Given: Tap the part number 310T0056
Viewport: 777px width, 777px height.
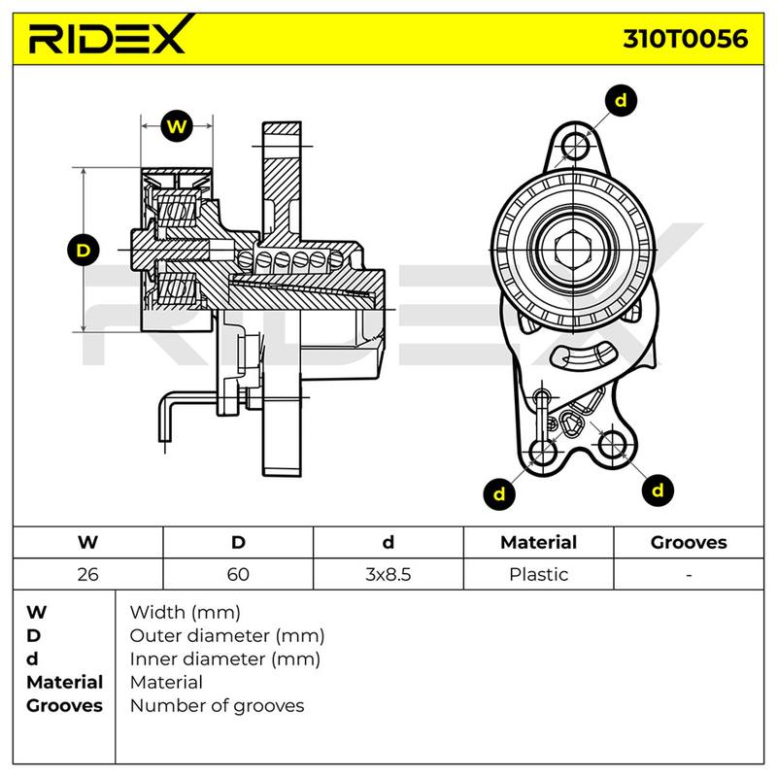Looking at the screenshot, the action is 686,39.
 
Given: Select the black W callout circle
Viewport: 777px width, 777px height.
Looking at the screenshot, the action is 177,126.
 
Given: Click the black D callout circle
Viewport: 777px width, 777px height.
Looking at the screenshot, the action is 84,250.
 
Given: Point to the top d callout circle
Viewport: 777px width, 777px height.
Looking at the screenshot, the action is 621,101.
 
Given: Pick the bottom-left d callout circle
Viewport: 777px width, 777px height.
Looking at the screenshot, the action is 499,493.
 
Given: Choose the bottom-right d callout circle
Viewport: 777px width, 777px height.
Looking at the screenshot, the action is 658,490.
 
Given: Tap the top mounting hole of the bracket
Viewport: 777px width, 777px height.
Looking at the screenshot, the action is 575,146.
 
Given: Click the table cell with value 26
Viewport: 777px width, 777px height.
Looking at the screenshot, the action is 87,574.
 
